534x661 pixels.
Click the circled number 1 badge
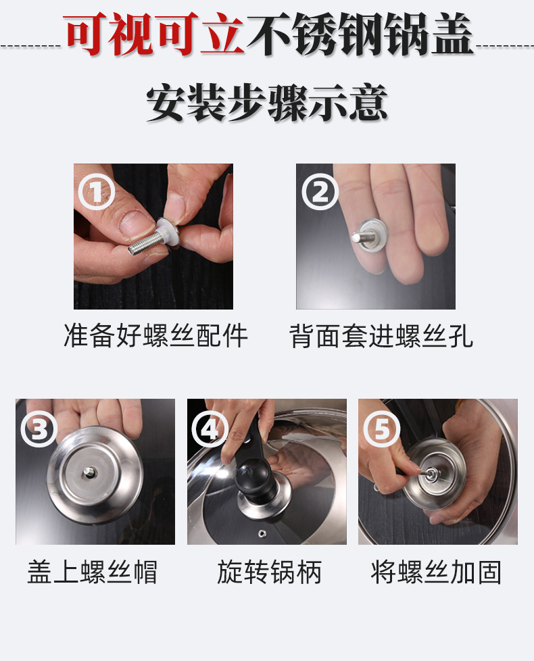click(x=97, y=192)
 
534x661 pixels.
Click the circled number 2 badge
click(x=320, y=192)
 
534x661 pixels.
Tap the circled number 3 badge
click(x=39, y=429)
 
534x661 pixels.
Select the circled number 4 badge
click(x=210, y=429)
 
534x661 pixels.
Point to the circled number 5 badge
click(x=382, y=429)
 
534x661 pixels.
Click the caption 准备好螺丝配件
click(x=155, y=336)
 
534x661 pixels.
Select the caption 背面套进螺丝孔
click(x=381, y=336)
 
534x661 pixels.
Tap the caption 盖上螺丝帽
click(x=93, y=572)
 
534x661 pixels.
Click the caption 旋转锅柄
click(x=270, y=572)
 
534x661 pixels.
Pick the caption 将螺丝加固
click(x=436, y=572)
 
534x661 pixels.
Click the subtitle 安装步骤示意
click(x=267, y=103)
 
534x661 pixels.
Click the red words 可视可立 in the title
click(x=154, y=34)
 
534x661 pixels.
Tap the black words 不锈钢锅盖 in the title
click(x=361, y=34)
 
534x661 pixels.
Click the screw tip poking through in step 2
click(x=358, y=237)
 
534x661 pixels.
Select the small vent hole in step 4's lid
click(x=262, y=534)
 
